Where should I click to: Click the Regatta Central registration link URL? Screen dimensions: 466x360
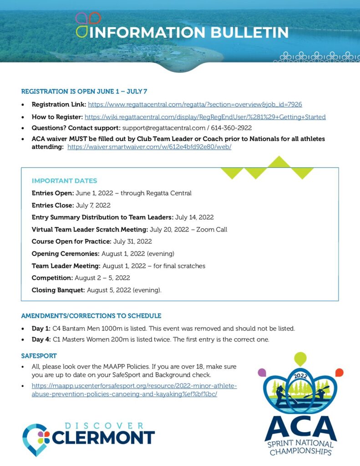coord(195,105)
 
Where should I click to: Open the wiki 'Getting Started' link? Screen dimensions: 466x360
coord(205,117)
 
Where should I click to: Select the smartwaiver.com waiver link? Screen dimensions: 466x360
coord(149,147)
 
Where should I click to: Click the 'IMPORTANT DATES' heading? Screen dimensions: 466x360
coord(64,181)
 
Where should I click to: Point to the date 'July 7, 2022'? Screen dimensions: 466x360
coord(93,205)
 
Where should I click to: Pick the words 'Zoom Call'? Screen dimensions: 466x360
coord(212,229)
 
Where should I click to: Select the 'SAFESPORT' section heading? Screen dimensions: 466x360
coord(39,355)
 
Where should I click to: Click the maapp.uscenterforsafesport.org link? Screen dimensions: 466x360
coord(134,390)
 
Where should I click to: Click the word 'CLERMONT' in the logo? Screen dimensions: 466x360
coord(103,438)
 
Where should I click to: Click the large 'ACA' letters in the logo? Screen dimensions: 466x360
coord(300,427)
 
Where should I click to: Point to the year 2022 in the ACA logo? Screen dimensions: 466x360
coord(300,376)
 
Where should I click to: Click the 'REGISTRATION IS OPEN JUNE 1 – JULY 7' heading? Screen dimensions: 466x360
coord(84,91)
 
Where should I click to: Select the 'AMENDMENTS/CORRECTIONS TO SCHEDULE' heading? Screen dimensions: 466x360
coord(91,316)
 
